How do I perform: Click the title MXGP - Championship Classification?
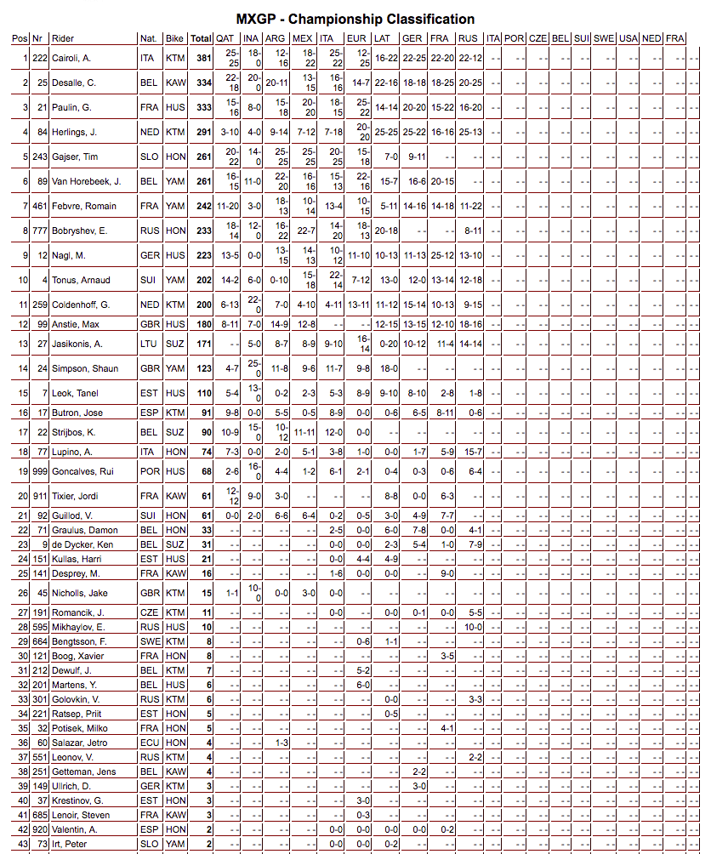[x=355, y=19]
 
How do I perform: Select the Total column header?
[x=201, y=38]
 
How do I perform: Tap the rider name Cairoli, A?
[x=71, y=58]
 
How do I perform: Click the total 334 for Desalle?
[x=201, y=83]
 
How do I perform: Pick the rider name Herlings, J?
[x=74, y=132]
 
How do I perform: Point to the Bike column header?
[x=174, y=38]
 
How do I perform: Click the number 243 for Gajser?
[x=38, y=157]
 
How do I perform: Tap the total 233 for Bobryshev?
[x=201, y=231]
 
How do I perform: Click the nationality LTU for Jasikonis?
[x=148, y=344]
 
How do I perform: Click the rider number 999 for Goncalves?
[x=38, y=471]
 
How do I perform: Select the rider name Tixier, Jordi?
[x=72, y=496]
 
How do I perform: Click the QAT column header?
[x=225, y=38]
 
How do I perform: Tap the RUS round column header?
[x=468, y=38]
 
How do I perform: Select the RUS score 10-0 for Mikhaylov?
[x=473, y=627]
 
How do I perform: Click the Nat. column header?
[x=148, y=38]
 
